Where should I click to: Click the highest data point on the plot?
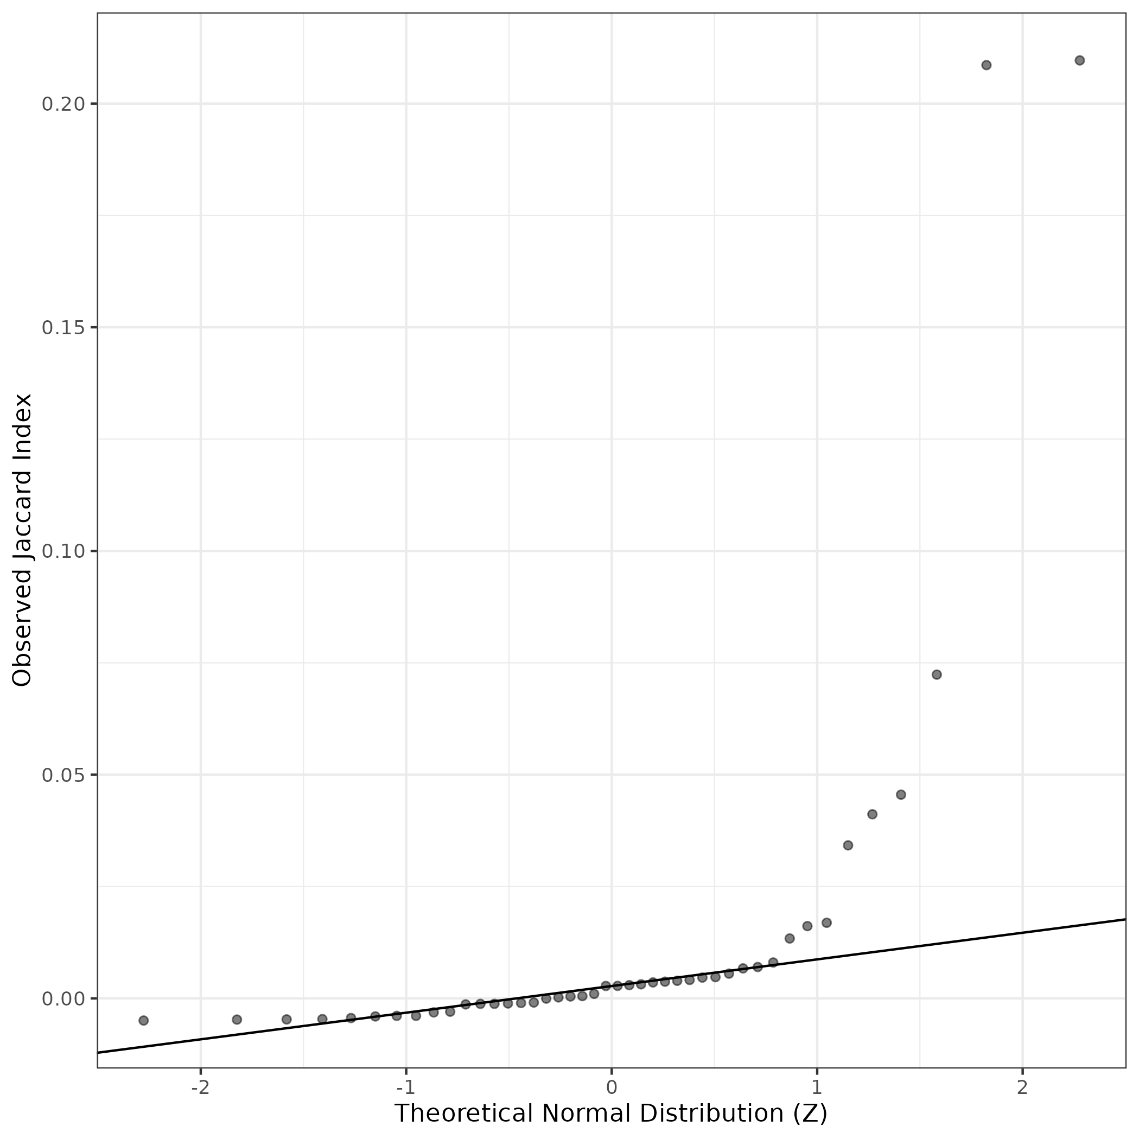(x=1079, y=60)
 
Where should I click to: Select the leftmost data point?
(x=143, y=1021)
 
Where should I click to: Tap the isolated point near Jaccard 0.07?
(x=936, y=675)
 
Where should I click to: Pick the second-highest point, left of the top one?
(x=987, y=65)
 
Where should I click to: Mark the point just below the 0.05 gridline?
(x=900, y=795)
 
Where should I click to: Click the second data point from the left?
(x=237, y=1019)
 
